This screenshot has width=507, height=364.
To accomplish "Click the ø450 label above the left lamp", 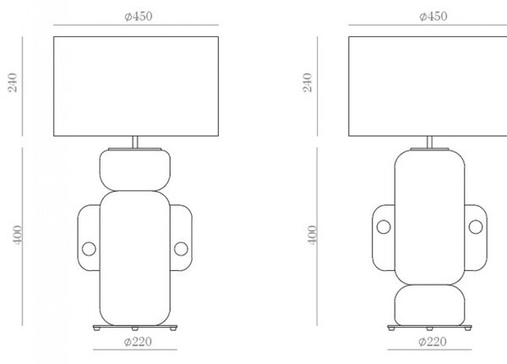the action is (x=139, y=16).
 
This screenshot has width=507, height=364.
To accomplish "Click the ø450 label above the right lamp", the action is (x=433, y=16).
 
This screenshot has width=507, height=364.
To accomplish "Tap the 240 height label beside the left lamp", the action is (x=13, y=83).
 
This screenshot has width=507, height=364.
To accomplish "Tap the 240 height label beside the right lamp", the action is (x=308, y=83).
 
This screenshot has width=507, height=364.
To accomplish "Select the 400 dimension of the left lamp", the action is (x=18, y=235).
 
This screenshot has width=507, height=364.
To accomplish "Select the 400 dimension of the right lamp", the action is (x=313, y=235).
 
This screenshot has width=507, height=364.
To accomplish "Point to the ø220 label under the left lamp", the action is (x=138, y=342).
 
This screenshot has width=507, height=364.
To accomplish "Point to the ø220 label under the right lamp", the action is (x=433, y=342).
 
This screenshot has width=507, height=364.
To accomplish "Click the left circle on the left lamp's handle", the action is (x=89, y=249).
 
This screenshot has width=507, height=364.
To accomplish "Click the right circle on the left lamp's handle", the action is (x=181, y=249).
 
